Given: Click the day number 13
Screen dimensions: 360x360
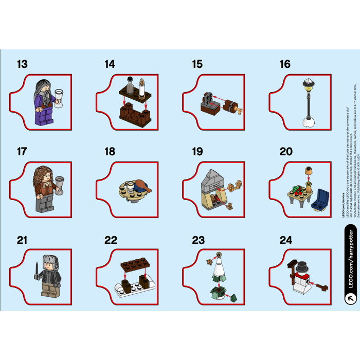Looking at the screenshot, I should pos(22,64).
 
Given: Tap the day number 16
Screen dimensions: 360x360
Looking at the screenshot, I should pos(285,64).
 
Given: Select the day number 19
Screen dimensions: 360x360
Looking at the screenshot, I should pos(197,152).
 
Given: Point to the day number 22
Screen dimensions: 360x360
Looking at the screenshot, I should pos(110,240).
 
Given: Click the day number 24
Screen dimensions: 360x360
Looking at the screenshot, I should pos(285,240).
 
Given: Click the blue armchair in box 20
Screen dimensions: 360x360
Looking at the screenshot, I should pos(322,197).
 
